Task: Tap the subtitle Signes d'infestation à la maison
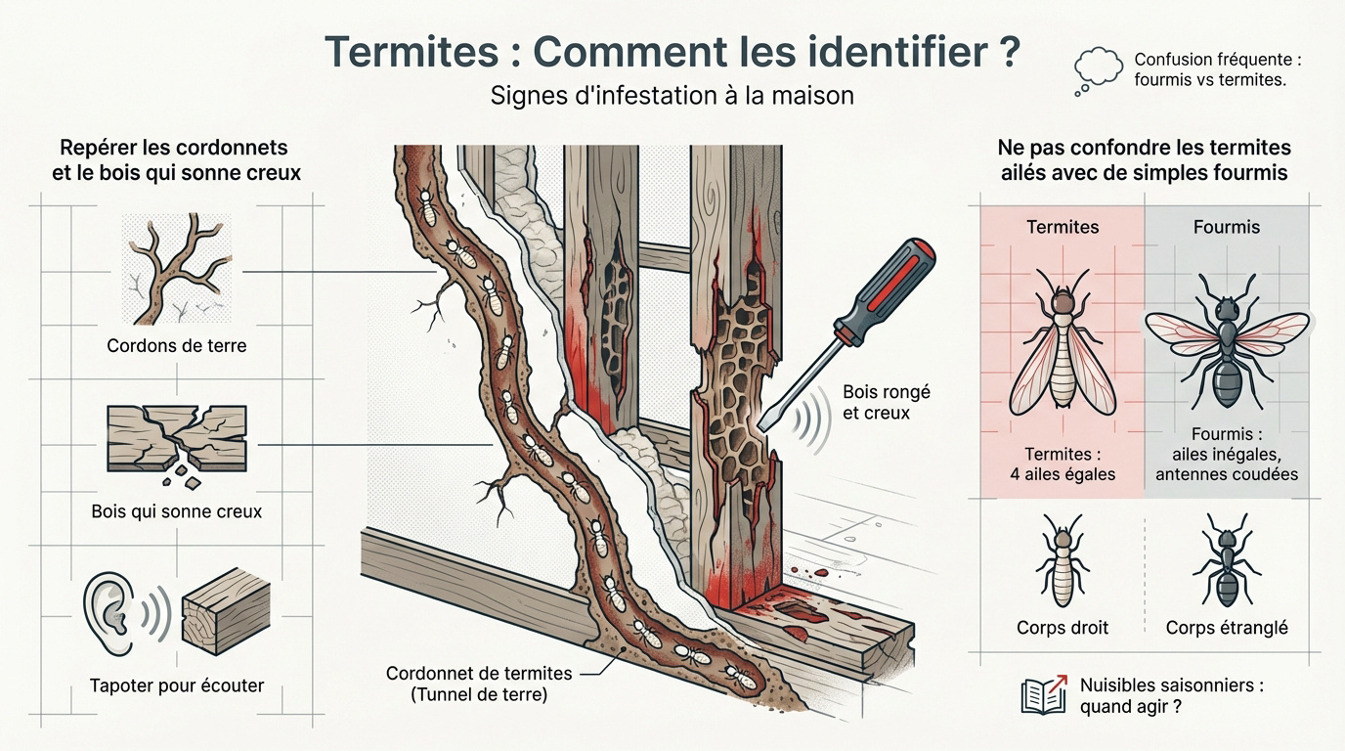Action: (672, 96)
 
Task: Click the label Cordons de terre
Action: (176, 345)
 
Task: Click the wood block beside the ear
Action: (226, 612)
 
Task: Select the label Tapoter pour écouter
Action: (176, 685)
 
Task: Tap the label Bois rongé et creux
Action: (886, 402)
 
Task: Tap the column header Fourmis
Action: (1227, 227)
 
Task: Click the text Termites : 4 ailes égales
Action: (1063, 464)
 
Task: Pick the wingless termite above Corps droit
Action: (1063, 561)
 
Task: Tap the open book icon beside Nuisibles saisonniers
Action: (1043, 694)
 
